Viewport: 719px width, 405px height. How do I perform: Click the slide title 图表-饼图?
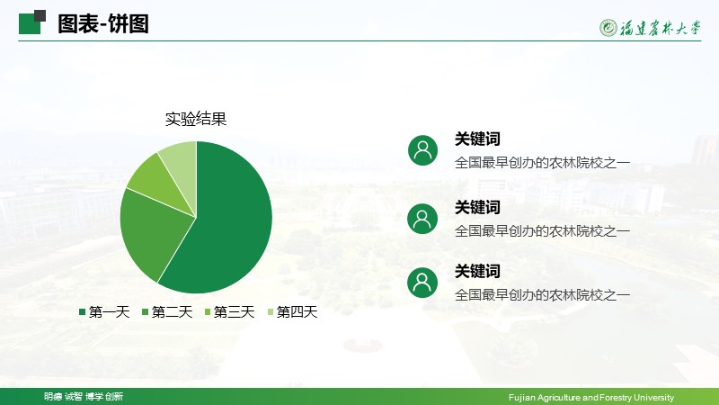[x=103, y=24]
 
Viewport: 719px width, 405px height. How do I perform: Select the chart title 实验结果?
[x=196, y=119]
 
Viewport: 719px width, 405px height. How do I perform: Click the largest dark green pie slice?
[x=229, y=220]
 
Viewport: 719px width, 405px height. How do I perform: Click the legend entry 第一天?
[x=104, y=312]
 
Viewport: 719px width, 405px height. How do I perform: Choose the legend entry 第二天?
[x=167, y=312]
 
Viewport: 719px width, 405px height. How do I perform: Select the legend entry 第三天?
[x=229, y=312]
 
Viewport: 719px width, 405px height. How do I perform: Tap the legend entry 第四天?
[x=292, y=312]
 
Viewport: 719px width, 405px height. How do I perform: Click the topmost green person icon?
[x=422, y=150]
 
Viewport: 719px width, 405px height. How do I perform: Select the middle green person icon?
[x=422, y=219]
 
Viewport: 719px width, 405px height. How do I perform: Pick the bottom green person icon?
[x=422, y=283]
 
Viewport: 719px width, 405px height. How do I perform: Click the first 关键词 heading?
[x=477, y=139]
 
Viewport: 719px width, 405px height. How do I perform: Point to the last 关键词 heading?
[x=477, y=271]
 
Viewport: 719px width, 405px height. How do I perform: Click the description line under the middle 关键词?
[x=542, y=231]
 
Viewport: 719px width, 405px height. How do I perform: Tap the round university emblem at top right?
[x=608, y=28]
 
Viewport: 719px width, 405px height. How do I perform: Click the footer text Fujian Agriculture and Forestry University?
[x=591, y=397]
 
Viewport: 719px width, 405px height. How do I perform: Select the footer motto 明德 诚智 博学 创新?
[x=84, y=396]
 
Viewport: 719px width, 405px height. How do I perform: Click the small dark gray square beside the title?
[x=40, y=16]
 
